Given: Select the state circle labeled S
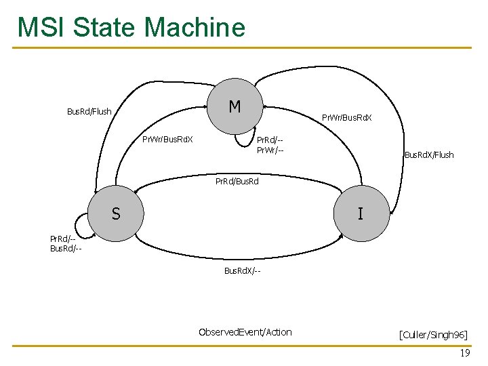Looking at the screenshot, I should tap(116, 214).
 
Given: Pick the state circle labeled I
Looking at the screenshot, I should tap(360, 214).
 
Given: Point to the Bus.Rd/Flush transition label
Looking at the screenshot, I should tap(89, 111).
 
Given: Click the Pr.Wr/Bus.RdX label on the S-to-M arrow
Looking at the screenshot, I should tap(167, 140).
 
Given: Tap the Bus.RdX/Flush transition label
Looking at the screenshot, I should tap(428, 155).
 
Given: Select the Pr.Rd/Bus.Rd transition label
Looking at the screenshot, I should tap(237, 181).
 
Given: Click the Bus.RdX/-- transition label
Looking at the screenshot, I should tap(243, 271).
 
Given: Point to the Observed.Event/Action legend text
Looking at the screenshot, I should tap(245, 331).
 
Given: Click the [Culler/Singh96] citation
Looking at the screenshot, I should tap(433, 335).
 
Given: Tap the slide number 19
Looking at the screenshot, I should tap(464, 354).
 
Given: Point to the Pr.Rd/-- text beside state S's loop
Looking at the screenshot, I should tap(63, 239).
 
